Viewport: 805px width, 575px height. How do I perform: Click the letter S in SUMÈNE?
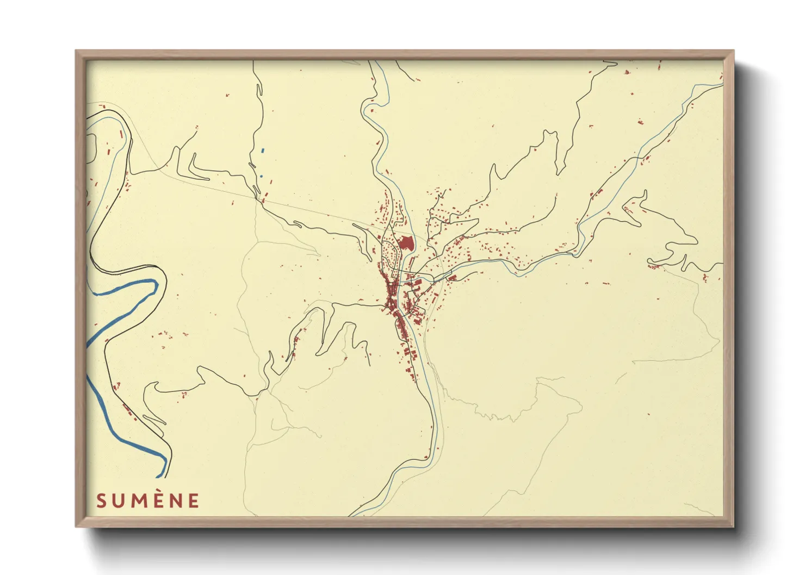(101, 501)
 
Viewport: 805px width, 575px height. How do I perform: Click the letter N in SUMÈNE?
(177, 501)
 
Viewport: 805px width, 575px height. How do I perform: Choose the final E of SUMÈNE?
(194, 501)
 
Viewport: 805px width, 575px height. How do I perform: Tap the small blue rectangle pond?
(262, 150)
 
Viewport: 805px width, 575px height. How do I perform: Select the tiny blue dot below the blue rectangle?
(261, 176)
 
